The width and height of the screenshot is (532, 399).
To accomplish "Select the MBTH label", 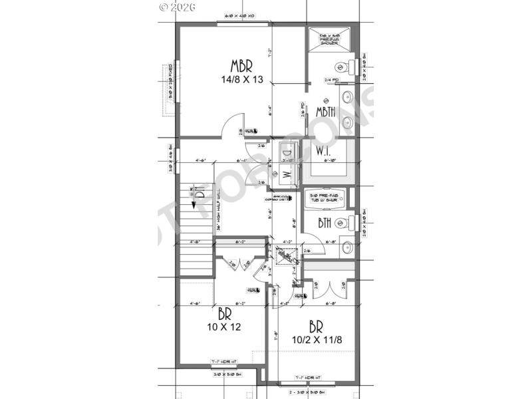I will click(325, 111).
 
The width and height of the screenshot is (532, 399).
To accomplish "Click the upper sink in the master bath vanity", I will click(346, 98).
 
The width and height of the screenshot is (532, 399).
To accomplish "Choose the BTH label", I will click(325, 223).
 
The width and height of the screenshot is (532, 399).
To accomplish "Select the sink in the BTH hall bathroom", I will click(346, 248).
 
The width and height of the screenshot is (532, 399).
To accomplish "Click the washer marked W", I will click(287, 175).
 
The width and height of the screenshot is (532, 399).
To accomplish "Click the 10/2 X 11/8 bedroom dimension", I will click(317, 339).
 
